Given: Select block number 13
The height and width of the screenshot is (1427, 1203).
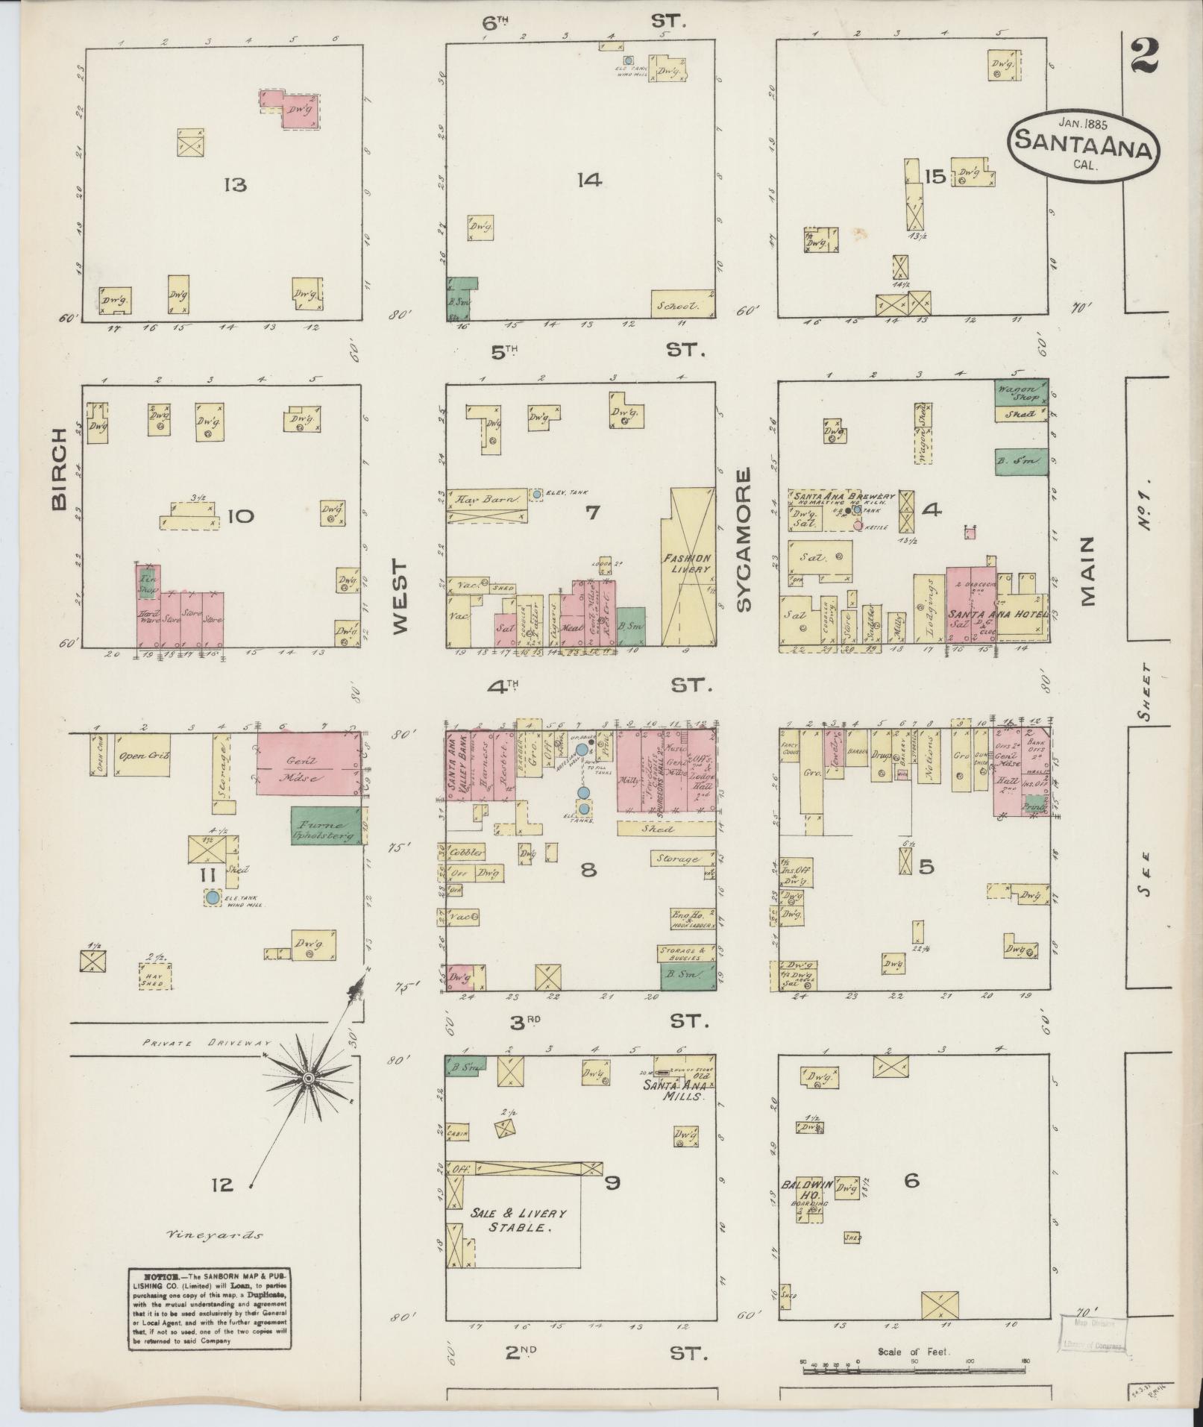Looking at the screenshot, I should pyautogui.click(x=235, y=184).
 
